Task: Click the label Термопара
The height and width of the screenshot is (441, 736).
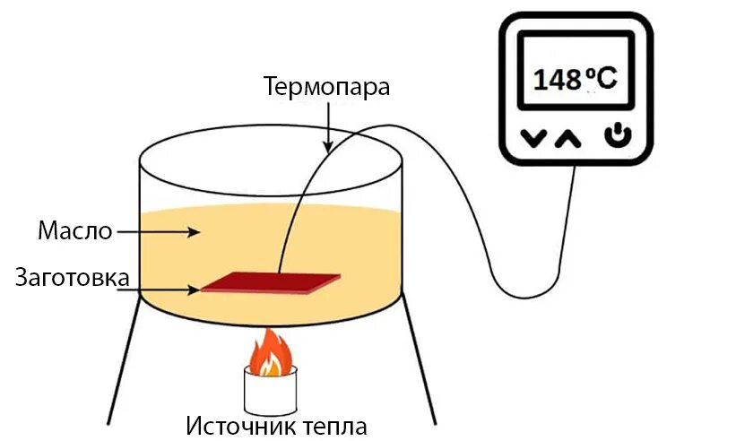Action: (326, 87)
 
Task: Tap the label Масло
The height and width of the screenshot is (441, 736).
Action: (74, 231)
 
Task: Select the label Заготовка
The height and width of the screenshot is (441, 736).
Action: (72, 277)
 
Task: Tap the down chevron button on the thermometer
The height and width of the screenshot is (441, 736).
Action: (534, 139)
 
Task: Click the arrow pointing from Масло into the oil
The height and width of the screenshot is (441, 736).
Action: (158, 231)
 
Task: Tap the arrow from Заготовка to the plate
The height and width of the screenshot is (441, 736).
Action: (166, 289)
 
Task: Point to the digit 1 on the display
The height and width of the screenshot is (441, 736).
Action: (541, 80)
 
